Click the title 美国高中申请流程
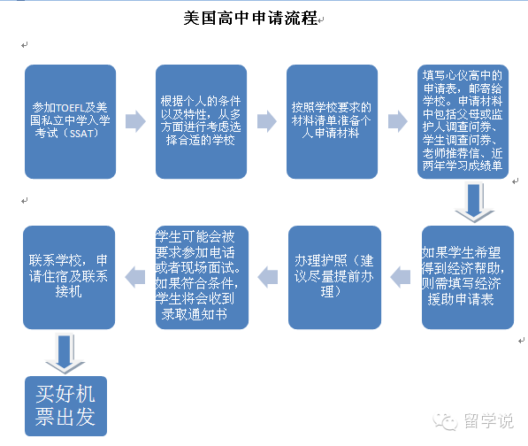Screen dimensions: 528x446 coord(250,18)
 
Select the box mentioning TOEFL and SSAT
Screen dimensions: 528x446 coord(71,121)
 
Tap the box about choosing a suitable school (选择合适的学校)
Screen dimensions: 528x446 coord(201,121)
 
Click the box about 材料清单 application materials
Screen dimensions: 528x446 coord(332,121)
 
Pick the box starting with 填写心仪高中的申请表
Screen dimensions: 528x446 coord(463,121)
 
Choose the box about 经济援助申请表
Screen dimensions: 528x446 coord(468,277)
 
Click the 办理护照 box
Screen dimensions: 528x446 coord(334,277)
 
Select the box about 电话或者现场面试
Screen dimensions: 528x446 coord(202,277)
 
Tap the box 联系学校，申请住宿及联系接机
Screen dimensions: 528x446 coord(69,277)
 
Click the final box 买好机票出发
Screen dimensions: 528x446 coord(66,406)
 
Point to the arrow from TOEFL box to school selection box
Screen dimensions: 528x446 coord(135,121)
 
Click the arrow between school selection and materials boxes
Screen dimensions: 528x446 coord(267,121)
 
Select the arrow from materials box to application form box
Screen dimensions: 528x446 coord(398,121)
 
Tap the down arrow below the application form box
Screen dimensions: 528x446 coord(474,202)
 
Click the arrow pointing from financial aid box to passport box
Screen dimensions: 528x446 coord(401,277)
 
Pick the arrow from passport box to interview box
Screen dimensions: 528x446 coord(268,277)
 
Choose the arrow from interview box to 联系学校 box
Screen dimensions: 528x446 coord(135,277)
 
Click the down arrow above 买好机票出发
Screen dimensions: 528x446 coord(65,354)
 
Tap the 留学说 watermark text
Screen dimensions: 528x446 coord(489,420)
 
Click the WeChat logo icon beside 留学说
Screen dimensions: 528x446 coord(445,421)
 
